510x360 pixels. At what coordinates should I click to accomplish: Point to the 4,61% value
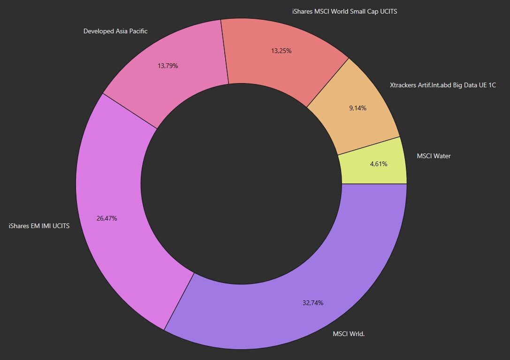379,164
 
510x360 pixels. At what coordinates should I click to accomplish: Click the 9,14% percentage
358,108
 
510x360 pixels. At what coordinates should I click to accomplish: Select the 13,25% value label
282,51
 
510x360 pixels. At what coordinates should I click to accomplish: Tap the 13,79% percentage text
168,66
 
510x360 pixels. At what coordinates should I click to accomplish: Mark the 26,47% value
107,218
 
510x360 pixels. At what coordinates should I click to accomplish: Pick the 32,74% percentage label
313,303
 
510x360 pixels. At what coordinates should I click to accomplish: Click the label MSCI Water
434,156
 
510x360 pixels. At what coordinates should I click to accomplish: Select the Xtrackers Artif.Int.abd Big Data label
443,85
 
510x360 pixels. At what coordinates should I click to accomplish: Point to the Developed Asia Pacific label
115,31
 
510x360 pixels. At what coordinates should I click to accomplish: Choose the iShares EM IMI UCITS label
39,226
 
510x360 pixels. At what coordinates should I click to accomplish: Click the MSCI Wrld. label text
349,334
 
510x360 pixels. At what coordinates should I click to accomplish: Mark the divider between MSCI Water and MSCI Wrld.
374,184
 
